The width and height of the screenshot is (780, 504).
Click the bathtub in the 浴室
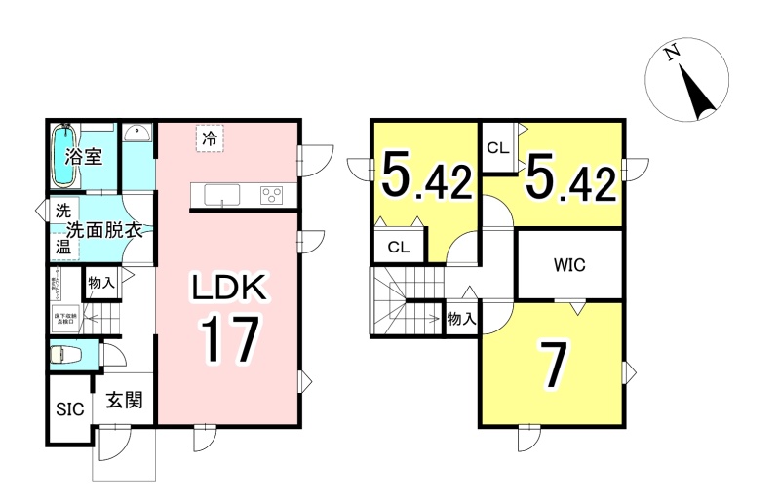tap(64, 155)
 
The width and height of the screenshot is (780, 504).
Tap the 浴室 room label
tap(85, 157)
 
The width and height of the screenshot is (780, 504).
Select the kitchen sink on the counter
tap(223, 194)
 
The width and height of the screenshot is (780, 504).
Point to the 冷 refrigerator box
tap(209, 138)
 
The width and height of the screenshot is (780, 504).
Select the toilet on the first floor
tap(67, 355)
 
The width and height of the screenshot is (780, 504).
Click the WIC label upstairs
tap(569, 264)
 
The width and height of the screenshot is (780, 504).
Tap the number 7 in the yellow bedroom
tap(553, 366)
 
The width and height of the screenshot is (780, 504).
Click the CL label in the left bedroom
tap(398, 246)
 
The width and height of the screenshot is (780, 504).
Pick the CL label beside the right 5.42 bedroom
tap(497, 149)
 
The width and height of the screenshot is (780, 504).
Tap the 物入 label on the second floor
tap(461, 319)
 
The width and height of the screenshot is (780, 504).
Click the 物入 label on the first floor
tap(100, 283)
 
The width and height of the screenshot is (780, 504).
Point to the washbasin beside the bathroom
tap(137, 134)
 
